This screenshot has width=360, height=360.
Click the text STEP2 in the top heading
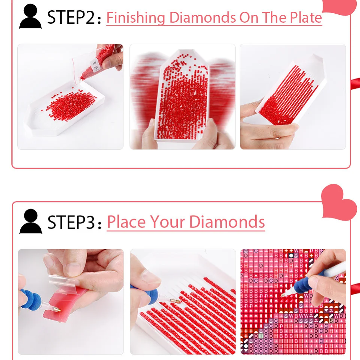[x=71, y=18]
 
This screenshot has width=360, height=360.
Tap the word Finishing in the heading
[x=136, y=18]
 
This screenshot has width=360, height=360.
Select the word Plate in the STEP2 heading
[x=304, y=18]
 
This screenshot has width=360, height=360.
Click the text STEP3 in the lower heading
[x=71, y=222]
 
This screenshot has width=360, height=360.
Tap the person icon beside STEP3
[x=31, y=221]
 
